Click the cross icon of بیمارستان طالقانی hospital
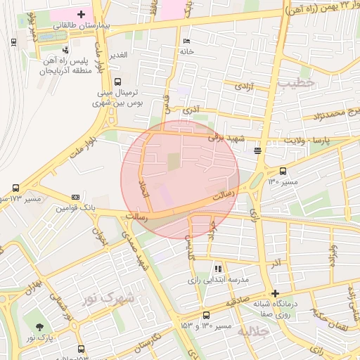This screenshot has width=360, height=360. pos(82,13)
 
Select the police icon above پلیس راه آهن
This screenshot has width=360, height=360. pos(65,50)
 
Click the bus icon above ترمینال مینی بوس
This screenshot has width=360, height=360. pos(117,81)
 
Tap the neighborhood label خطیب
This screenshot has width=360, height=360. pos(297,83)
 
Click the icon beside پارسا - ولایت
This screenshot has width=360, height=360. pos(258,150)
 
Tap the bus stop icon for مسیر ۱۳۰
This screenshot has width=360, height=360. pos(283,171)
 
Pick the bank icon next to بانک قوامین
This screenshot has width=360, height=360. pos(75,197)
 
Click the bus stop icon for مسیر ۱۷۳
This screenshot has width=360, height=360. pos(15,188)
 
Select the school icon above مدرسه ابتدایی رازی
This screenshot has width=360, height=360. pos(218,269)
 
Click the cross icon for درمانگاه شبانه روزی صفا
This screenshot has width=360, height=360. pos(275,293)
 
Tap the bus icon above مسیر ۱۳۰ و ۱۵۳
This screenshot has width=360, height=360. pos(206,315)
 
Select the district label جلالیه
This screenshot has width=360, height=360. pos(254,331)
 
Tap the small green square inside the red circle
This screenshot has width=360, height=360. pos(173,162)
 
